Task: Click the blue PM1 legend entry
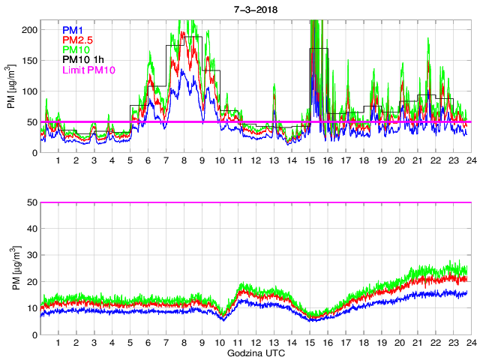(72, 30)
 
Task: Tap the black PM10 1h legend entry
(84, 59)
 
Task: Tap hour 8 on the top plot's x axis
(184, 160)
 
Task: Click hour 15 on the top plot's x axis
(309, 160)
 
